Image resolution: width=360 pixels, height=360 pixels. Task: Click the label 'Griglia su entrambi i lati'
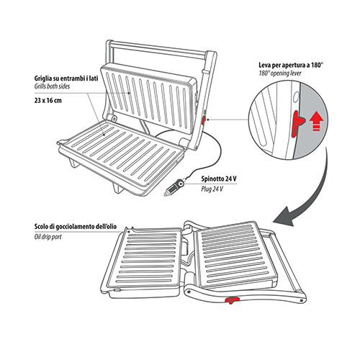click(66, 78)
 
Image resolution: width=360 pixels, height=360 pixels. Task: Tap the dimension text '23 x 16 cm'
click(48, 100)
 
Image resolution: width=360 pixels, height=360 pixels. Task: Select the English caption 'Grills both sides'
click(52, 86)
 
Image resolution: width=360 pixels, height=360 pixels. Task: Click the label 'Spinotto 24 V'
click(219, 179)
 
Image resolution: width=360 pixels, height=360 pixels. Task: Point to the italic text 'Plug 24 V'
click(212, 189)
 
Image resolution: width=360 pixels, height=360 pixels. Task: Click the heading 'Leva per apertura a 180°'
click(291, 65)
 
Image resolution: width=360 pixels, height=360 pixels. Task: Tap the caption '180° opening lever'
click(280, 73)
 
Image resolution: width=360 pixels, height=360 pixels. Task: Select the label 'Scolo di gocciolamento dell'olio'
click(76, 227)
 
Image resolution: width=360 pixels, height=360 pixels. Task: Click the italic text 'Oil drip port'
click(48, 237)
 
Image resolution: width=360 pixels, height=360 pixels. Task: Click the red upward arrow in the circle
click(315, 121)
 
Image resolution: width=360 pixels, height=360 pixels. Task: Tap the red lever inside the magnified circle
click(297, 124)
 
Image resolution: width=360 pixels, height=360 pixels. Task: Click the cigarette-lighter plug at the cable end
click(174, 187)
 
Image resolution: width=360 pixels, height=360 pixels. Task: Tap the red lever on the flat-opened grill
click(230, 300)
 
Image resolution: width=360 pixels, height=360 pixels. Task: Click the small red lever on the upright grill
click(203, 120)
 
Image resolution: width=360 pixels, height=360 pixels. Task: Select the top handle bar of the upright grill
click(157, 50)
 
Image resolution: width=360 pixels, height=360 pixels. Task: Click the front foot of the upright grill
click(117, 187)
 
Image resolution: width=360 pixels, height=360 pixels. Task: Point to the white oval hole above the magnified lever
click(296, 97)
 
